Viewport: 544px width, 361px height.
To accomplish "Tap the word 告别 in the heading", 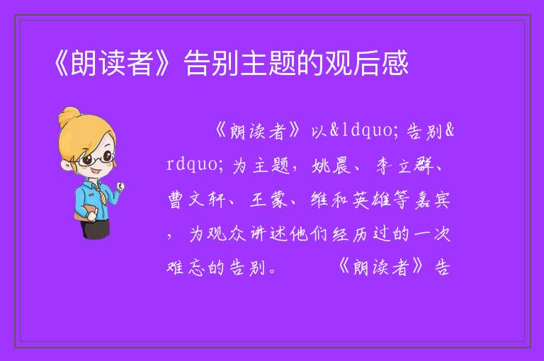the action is pyautogui.click(x=211, y=63).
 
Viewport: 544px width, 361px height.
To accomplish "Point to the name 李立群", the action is pyautogui.click(x=405, y=166).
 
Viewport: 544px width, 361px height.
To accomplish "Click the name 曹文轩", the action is pyautogui.click(x=196, y=200).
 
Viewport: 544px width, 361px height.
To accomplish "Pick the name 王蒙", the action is pyautogui.click(x=268, y=200).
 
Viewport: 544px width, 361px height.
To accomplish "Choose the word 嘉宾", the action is pyautogui.click(x=432, y=200).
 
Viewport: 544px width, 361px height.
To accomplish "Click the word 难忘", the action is pyautogui.click(x=186, y=268).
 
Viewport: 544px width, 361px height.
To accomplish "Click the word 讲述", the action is pyautogui.click(x=268, y=234).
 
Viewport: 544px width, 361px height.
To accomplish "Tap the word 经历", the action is pyautogui.click(x=350, y=234).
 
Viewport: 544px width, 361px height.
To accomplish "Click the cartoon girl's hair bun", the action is pyautogui.click(x=69, y=116).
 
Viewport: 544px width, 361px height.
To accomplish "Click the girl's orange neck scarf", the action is pyautogui.click(x=98, y=188).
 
